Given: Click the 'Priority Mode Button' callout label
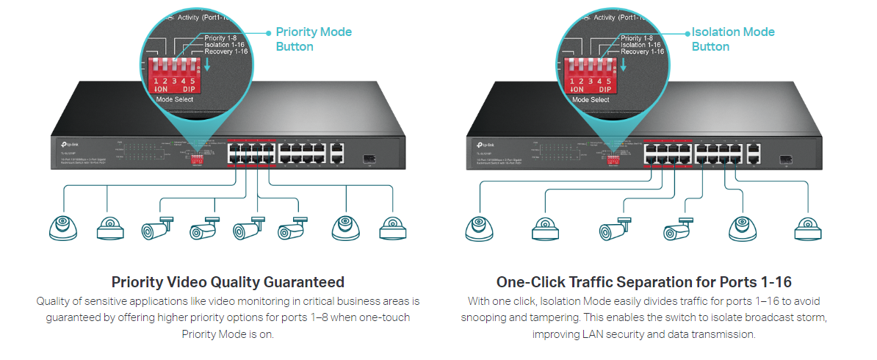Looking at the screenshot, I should [314, 39].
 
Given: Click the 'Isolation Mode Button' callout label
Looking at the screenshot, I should [732, 39].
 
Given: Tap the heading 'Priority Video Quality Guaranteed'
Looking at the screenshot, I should [228, 281].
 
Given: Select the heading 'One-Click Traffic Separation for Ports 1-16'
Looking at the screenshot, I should [643, 281].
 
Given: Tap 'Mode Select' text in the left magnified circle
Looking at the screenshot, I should [174, 99].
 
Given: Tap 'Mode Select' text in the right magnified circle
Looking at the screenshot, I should [590, 99].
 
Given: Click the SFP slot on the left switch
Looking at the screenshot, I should [372, 156].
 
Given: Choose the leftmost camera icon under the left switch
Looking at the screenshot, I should [62, 228].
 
